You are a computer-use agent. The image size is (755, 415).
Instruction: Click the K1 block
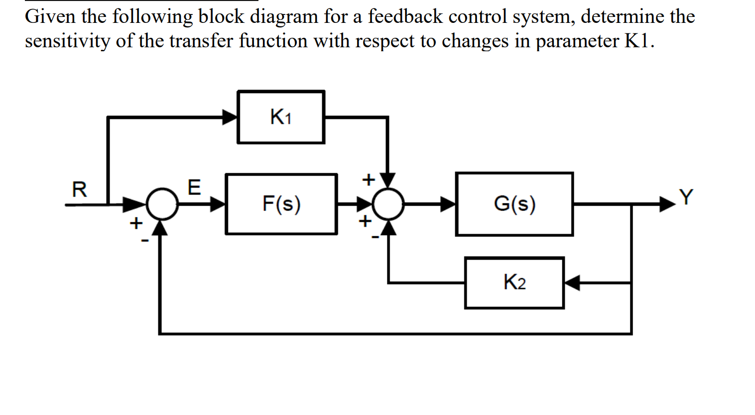click(281, 117)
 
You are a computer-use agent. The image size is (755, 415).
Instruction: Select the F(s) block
click(281, 204)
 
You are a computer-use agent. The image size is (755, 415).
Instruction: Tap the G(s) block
click(514, 204)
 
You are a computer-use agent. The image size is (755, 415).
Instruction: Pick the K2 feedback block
click(514, 283)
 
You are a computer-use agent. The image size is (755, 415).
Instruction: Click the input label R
click(79, 190)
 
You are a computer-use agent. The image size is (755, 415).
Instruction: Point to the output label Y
click(686, 198)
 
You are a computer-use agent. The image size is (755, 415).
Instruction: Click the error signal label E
click(194, 188)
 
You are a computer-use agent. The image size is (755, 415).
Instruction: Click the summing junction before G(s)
click(388, 204)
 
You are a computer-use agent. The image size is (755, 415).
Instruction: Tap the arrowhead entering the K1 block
click(230, 117)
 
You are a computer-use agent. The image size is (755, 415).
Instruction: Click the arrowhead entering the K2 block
click(572, 283)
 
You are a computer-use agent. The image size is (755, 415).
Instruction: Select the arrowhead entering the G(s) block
click(448, 204)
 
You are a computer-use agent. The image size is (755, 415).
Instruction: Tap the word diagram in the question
click(283, 17)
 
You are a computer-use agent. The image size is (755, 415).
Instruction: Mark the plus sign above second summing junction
click(368, 179)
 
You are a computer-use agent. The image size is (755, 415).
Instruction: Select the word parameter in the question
click(577, 41)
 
